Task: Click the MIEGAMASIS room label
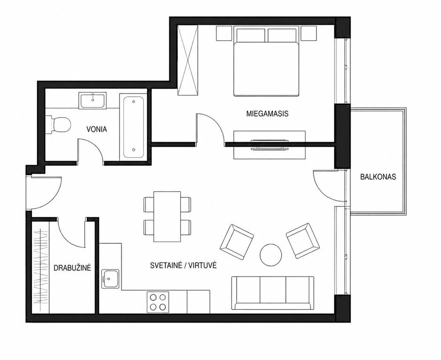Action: pos(267,113)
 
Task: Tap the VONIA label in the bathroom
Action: pos(97,129)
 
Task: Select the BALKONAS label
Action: pos(378,177)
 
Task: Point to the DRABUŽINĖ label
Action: pos(72,268)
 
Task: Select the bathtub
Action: pos(133,127)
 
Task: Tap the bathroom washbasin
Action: pos(92,100)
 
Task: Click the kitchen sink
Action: pos(110,279)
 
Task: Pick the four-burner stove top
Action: pos(158,302)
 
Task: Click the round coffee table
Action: pos(270,255)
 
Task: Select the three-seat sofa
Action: pos(272,293)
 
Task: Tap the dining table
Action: pos(167,217)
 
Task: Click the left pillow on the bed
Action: pos(251,35)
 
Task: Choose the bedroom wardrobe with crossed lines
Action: pos(187,60)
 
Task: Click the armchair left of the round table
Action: pos(237,241)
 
